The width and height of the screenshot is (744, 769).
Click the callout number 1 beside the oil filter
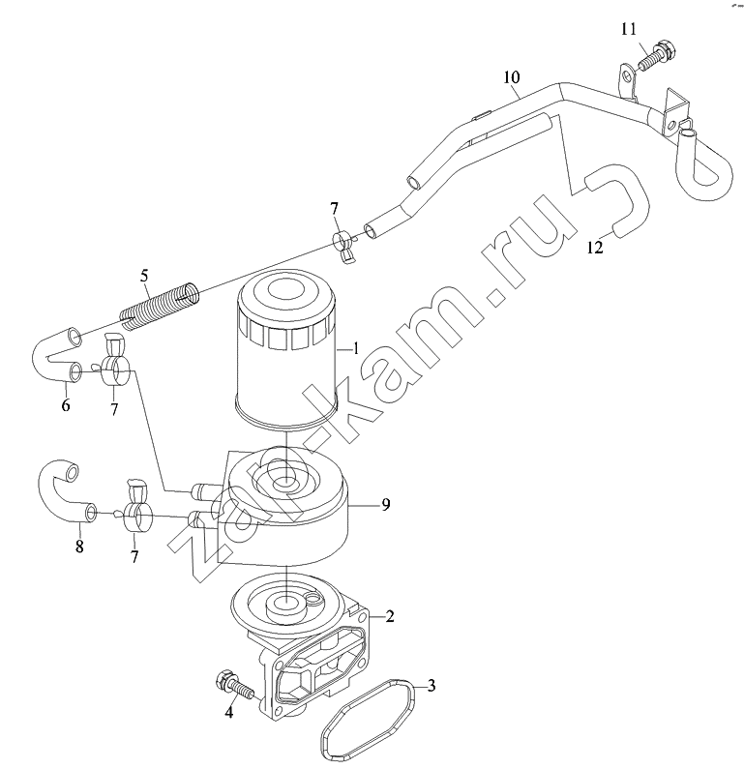point(356,348)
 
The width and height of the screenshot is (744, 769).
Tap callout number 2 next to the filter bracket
point(389,616)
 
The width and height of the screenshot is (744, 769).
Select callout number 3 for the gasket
point(432,685)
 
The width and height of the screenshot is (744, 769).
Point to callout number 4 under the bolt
point(229,712)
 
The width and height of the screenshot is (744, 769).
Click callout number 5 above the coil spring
point(144,276)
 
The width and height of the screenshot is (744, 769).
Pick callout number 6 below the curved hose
point(66,405)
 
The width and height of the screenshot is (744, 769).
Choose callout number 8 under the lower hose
point(79,546)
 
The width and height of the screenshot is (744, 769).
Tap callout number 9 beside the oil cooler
point(386,504)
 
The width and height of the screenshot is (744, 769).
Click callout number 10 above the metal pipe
point(512,77)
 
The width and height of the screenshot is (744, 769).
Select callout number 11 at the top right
point(629,29)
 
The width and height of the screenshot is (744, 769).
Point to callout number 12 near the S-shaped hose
point(595,248)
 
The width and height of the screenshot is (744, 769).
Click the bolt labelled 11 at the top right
point(658,55)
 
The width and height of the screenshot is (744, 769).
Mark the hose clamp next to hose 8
point(134,510)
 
